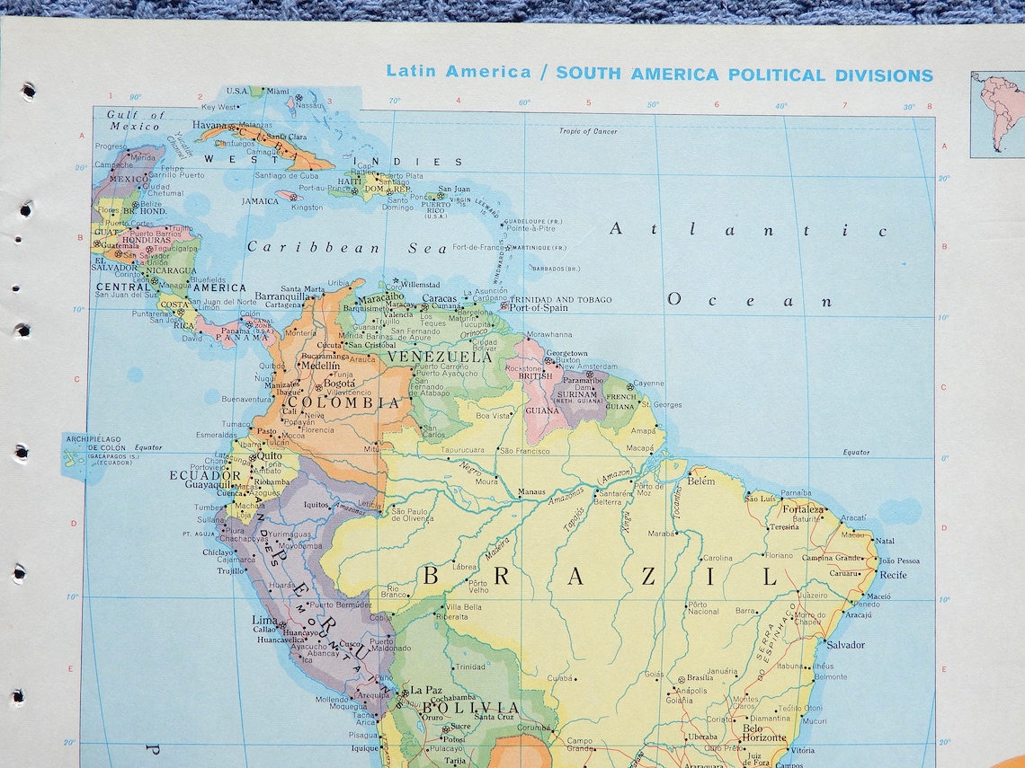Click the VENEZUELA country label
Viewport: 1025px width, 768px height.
pyautogui.click(x=440, y=357)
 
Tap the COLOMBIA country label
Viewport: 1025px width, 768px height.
pyautogui.click(x=357, y=403)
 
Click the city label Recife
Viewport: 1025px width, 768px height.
pyautogui.click(x=893, y=575)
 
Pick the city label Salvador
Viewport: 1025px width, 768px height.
pyautogui.click(x=846, y=645)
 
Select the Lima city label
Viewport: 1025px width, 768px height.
pyautogui.click(x=264, y=621)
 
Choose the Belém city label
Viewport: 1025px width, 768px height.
pyautogui.click(x=700, y=481)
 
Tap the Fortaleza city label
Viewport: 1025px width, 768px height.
pyautogui.click(x=803, y=508)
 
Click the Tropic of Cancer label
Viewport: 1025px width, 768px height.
pyautogui.click(x=588, y=131)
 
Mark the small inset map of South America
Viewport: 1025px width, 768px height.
pyautogui.click(x=997, y=114)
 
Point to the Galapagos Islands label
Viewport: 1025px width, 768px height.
pyautogui.click(x=99, y=449)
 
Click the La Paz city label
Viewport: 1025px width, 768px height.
pyautogui.click(x=426, y=690)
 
